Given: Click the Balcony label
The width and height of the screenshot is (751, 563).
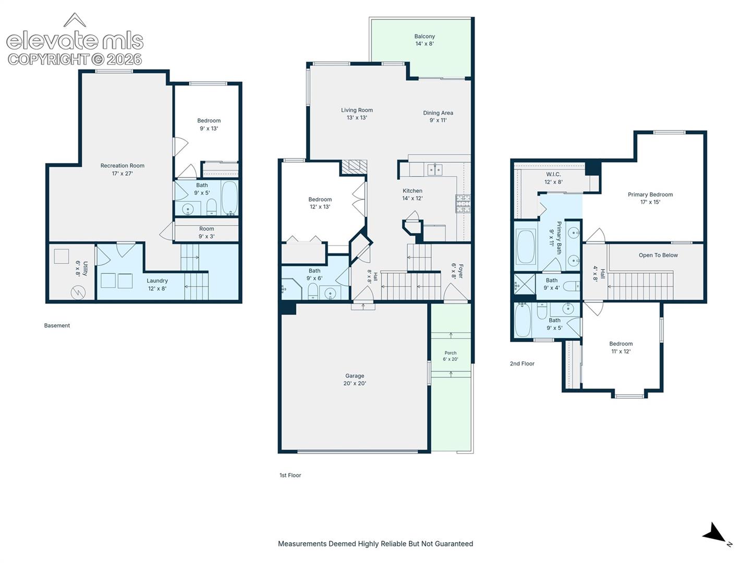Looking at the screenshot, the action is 424,36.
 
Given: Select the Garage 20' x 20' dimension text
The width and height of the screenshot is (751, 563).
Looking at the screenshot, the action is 355,383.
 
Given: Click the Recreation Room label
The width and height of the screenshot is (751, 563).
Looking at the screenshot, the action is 122,165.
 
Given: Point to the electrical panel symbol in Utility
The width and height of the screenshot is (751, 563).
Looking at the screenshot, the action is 78,292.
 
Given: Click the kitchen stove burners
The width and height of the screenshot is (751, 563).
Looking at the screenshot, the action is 463,204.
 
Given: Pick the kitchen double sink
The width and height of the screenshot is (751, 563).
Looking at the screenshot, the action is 435,169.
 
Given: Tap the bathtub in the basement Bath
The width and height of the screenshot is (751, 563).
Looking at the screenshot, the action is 229,198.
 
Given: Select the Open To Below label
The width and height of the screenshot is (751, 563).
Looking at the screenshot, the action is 658,255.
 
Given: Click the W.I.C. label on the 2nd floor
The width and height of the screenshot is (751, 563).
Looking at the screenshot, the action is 553,174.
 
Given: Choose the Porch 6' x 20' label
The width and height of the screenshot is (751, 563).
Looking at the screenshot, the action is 450,356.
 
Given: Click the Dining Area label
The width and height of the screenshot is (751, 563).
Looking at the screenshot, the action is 438,113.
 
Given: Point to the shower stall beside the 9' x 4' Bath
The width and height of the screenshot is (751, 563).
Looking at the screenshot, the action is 525,284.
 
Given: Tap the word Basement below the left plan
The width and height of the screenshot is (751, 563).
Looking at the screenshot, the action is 57,325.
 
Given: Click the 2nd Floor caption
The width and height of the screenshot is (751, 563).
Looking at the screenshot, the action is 522,364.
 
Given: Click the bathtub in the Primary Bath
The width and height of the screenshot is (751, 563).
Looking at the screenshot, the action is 526,247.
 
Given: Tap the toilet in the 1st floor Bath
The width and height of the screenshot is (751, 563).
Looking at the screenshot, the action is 313,291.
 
